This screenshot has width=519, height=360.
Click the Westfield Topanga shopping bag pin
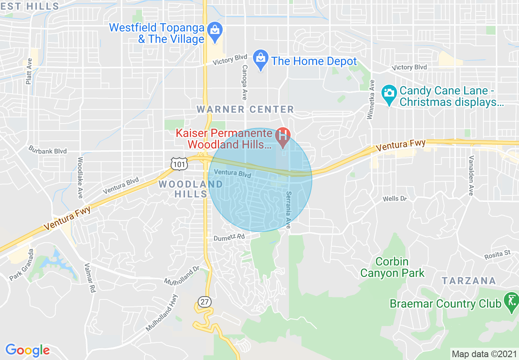pyautogui.click(x=214, y=30)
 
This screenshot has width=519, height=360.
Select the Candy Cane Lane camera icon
pyautogui.click(x=388, y=92)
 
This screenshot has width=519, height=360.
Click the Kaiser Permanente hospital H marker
pyautogui.click(x=282, y=134)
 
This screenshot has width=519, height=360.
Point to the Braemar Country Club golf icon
pyautogui.click(x=511, y=302)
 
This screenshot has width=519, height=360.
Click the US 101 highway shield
pyautogui.click(x=179, y=164)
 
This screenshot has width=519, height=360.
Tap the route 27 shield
pyautogui.click(x=204, y=302)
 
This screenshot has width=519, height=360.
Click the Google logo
pyautogui.click(x=27, y=350)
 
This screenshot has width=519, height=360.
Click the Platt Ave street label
pyautogui.click(x=29, y=71)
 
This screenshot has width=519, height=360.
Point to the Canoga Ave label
pyautogui.click(x=244, y=82)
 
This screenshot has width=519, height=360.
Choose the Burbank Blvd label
pyautogui.click(x=47, y=151)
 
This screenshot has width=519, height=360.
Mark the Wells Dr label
pyautogui.click(x=395, y=199)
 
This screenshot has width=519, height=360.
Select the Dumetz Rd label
pyautogui.click(x=229, y=237)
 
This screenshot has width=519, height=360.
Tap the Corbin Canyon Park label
pyautogui.click(x=392, y=267)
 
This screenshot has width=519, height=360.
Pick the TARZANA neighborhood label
pyautogui.click(x=469, y=281)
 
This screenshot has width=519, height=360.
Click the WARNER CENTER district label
pyautogui.click(x=245, y=109)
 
